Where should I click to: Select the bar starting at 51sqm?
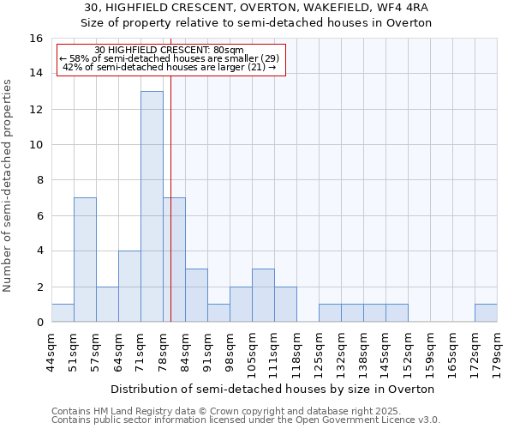click(85, 259)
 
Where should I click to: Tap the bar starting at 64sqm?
click(129, 286)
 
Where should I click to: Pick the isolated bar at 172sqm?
click(486, 313)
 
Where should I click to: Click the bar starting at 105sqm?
click(263, 295)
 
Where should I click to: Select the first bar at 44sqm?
click(63, 313)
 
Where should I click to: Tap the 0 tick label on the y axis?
click(39, 323)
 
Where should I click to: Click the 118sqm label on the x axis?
click(296, 352)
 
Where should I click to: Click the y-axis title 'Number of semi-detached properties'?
click(9, 185)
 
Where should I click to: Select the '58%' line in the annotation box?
click(170, 58)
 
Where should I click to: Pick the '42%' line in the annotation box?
click(170, 67)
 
